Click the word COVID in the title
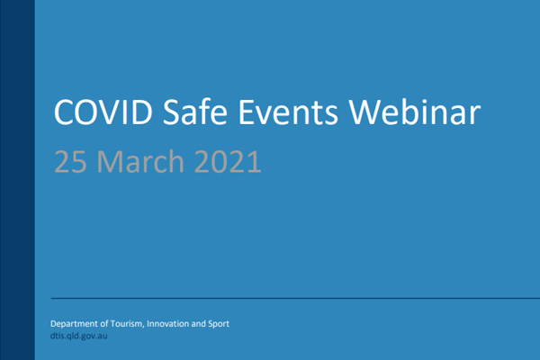[x=103, y=112]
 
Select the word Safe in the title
[x=195, y=112]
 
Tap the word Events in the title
[x=288, y=112]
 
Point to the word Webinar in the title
[x=415, y=112]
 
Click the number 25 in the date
[x=70, y=161]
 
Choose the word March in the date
[x=140, y=160]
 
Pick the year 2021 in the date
[x=228, y=161]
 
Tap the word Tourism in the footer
[x=128, y=324]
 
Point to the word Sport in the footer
[x=219, y=324]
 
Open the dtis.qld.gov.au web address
[x=79, y=336]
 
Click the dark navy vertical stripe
[x=17, y=180]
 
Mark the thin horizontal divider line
[x=295, y=298]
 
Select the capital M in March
[x=107, y=161]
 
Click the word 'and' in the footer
[x=198, y=324]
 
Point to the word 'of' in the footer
[x=104, y=324]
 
